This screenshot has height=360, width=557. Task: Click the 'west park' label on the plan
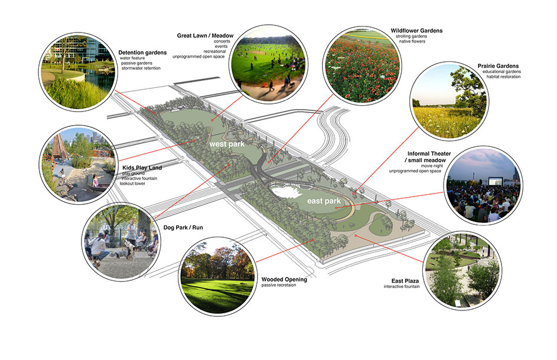227,144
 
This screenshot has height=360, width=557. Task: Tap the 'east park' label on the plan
324,201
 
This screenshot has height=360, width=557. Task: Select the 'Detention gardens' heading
142,53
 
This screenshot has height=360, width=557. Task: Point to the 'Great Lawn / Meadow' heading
205,35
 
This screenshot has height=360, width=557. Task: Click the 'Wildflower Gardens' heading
416,31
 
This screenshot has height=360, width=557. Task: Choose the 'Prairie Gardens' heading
498,66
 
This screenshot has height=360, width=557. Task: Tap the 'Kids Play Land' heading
142,168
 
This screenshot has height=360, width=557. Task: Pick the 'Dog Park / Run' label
183,228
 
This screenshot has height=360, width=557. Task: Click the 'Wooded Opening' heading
284,279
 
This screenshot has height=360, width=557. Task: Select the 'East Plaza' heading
405,281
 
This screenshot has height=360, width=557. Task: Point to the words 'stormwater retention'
141,68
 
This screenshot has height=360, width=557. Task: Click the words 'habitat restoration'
503,77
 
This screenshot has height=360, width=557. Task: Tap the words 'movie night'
432,166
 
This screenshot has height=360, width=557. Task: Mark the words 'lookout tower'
132,184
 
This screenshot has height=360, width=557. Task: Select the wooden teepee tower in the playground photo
58,148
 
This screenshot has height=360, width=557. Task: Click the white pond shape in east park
288,192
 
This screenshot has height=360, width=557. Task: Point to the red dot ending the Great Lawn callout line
212,120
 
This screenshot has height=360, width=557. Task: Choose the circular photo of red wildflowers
362,65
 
